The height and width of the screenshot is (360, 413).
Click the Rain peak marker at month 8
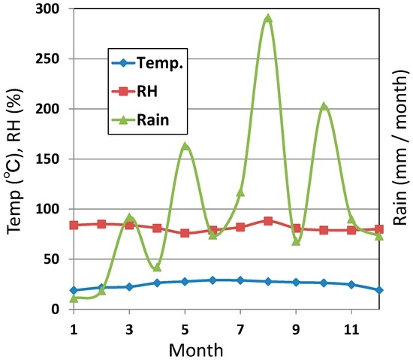pyautogui.click(x=268, y=19)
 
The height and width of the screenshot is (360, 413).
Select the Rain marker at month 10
pyautogui.click(x=324, y=107)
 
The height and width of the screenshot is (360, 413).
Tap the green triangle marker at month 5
pyautogui.click(x=185, y=147)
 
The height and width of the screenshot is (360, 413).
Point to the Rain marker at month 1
pyautogui.click(x=74, y=298)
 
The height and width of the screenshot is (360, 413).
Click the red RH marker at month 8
pyautogui.click(x=268, y=221)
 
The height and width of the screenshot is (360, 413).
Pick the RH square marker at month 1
pyautogui.click(x=74, y=225)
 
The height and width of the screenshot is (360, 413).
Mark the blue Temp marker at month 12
pyautogui.click(x=379, y=289)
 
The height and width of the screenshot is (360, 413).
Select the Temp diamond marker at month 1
pyautogui.click(x=74, y=290)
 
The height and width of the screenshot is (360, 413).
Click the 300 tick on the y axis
pyautogui.click(x=52, y=9)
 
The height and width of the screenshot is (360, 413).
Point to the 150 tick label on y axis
pyautogui.click(x=52, y=159)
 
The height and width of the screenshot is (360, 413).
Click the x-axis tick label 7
pyautogui.click(x=240, y=328)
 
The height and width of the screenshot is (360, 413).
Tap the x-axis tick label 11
pyautogui.click(x=351, y=328)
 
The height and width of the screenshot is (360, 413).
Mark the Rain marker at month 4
pyautogui.click(x=157, y=267)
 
